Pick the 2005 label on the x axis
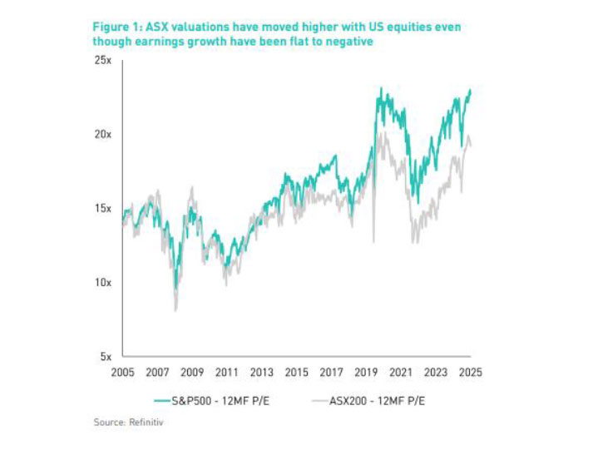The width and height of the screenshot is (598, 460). (123, 372)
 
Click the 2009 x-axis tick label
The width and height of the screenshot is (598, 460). (193, 372)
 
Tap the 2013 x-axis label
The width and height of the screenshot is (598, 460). (263, 372)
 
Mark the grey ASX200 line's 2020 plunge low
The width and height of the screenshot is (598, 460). (373, 242)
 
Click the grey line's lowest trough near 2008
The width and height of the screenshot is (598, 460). (175, 310)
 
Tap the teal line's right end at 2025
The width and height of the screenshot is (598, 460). (471, 90)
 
